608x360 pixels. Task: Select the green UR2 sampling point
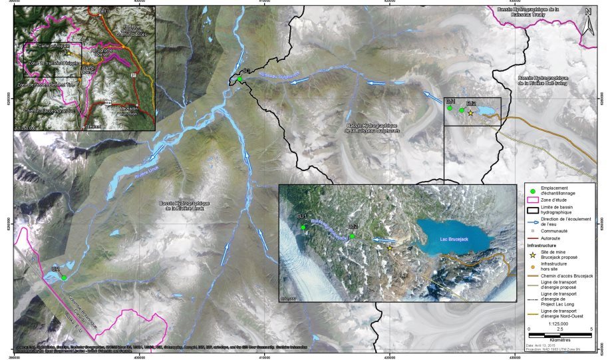[64, 277]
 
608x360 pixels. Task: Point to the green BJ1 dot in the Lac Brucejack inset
[303, 228]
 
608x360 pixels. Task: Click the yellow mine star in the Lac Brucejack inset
[390, 248]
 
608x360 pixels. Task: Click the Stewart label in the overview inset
[92, 124]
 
